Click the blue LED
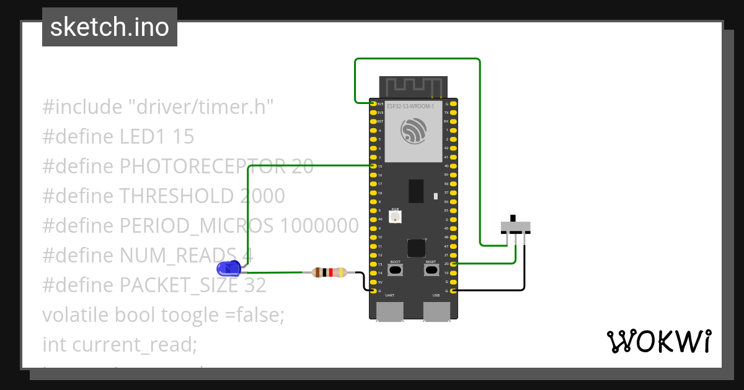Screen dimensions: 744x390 coord(229,268)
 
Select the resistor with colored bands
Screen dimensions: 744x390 coord(329,272)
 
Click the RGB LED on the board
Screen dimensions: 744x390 coord(395,216)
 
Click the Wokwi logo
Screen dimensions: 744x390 coord(658,341)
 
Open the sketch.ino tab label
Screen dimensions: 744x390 coord(110,27)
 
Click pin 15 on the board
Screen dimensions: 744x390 coord(373,166)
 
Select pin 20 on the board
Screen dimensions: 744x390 coord(454,264)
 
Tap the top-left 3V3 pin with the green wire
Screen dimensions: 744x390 coord(373,104)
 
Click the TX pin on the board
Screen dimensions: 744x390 coord(454,113)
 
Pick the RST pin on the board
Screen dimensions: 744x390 coord(373,121)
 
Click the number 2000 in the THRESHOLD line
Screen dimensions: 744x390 coord(262,196)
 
